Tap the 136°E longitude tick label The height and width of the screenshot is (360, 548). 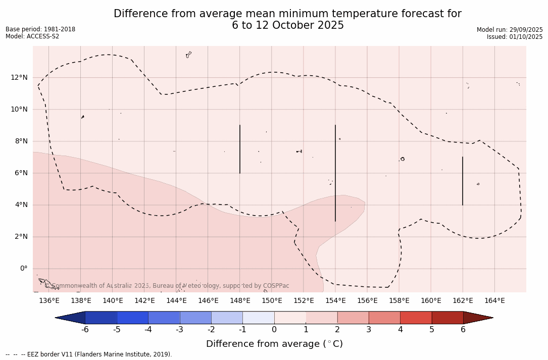point(49,301)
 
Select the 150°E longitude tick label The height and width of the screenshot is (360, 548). point(272,301)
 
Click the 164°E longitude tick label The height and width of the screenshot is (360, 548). point(494,301)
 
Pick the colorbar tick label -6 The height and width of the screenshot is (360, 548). point(85,330)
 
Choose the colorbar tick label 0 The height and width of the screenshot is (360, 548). point(274,330)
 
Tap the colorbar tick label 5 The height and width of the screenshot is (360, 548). point(432,330)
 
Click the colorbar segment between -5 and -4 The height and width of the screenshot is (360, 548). point(132,318)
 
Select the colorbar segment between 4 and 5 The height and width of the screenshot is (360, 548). point(416,318)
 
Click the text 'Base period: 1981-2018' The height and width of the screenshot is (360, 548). point(40,29)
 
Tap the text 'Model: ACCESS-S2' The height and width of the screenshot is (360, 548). point(32,36)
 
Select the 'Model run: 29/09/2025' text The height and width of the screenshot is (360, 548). point(510,30)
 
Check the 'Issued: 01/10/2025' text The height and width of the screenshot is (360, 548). point(515,37)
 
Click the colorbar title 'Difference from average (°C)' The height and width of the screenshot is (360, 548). point(274,344)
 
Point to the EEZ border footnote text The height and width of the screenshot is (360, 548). point(89,354)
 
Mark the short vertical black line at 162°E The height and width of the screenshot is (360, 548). point(463,181)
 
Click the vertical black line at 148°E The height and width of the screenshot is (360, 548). point(240,149)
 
